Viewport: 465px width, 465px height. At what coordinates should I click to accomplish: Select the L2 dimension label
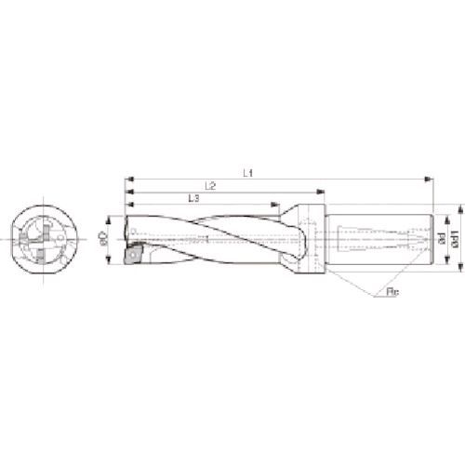pos(209,186)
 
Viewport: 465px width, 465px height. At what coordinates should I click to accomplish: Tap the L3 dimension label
pos(191,198)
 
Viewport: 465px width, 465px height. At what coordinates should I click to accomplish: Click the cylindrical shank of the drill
pos(381,238)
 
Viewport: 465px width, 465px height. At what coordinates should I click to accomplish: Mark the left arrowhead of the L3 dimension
pos(129,205)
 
